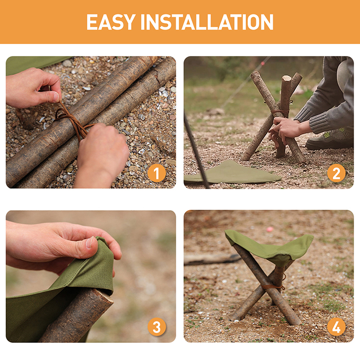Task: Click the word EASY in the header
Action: [111, 22]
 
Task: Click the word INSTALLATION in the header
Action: [207, 22]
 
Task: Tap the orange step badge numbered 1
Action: [157, 173]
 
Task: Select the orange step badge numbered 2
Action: [336, 173]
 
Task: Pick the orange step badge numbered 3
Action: [157, 327]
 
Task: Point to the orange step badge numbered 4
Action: [336, 327]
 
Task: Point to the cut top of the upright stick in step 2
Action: [287, 78]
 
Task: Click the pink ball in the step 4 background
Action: [270, 229]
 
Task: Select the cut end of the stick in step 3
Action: [104, 296]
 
